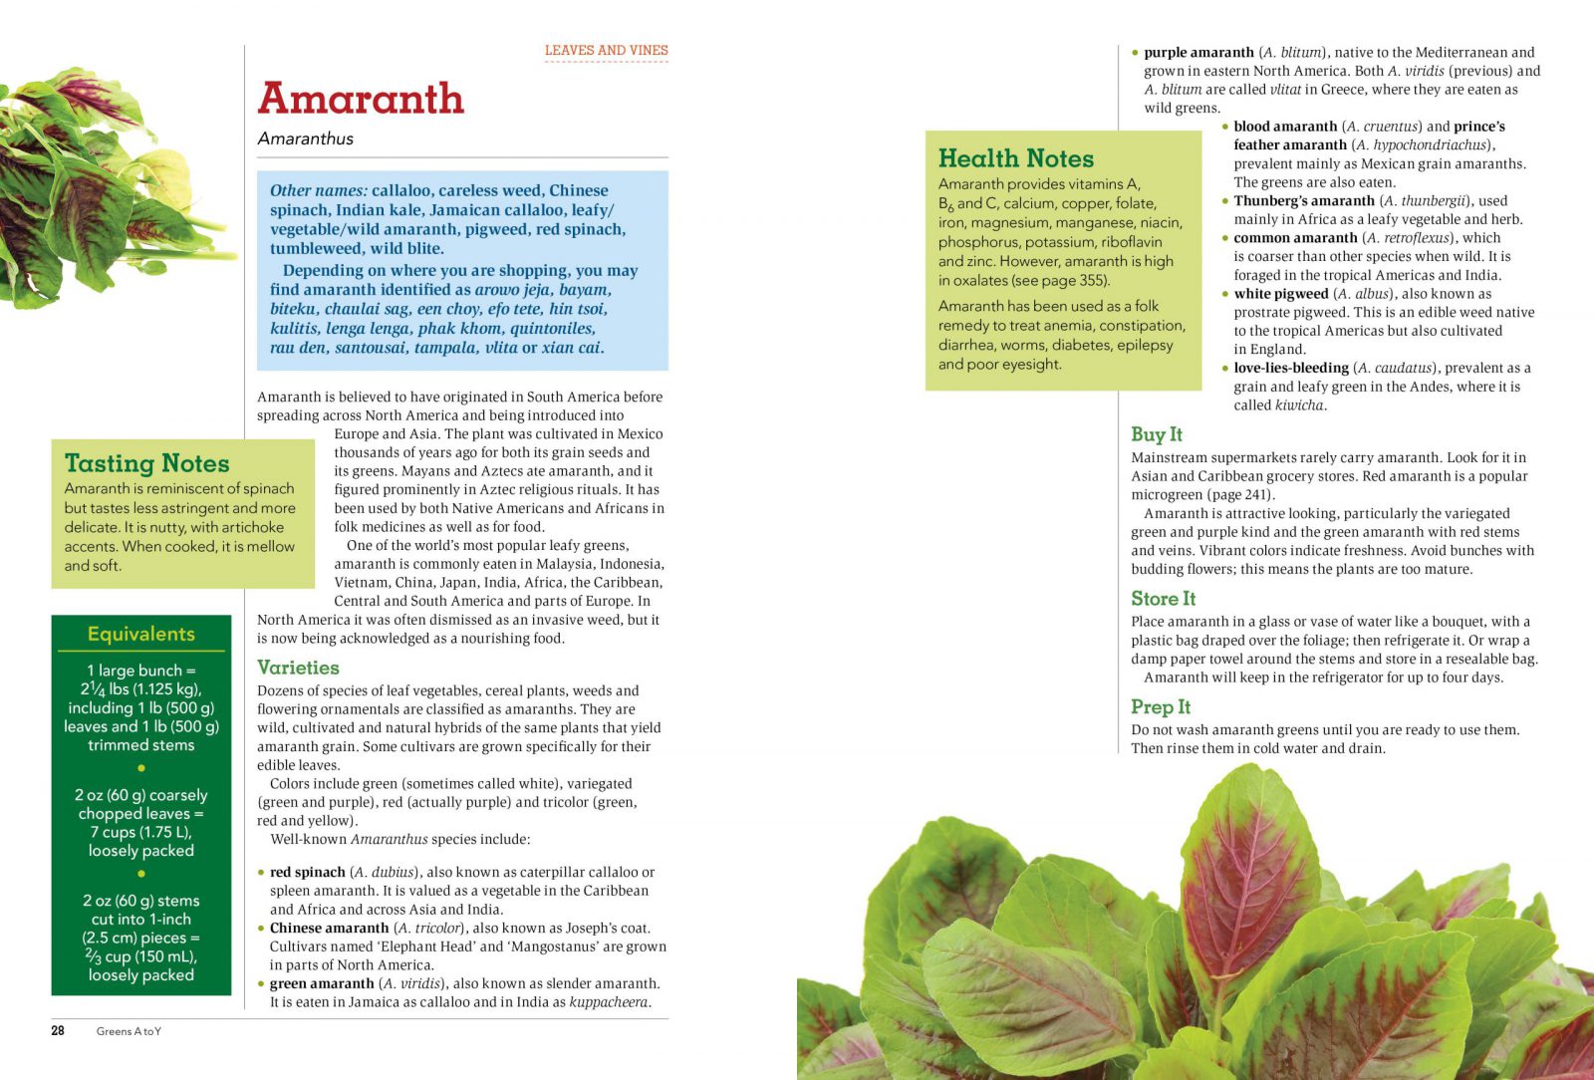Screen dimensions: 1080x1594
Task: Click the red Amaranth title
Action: [361, 99]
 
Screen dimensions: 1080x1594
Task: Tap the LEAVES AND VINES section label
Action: [606, 50]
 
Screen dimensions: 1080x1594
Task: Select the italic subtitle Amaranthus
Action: [305, 138]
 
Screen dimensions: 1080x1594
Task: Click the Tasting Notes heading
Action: [146, 463]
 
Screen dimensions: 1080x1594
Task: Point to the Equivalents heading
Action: [140, 634]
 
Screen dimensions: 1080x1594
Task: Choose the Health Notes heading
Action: [1015, 158]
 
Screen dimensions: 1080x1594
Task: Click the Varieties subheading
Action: [298, 668]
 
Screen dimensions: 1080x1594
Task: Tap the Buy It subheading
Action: [1156, 434]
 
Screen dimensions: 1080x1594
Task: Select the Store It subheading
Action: [1163, 599]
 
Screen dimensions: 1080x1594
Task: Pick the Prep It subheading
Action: [1160, 707]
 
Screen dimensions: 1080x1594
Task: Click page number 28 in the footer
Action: [58, 1031]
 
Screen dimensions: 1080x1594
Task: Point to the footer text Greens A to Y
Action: [129, 1031]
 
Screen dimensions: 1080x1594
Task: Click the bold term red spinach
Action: [307, 872]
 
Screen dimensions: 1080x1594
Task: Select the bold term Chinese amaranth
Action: [329, 928]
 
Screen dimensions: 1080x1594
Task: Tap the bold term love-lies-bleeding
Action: [1290, 368]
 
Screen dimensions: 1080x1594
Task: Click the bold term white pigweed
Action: [1280, 294]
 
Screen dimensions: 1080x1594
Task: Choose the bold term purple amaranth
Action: [1198, 52]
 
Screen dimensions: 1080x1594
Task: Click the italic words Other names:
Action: [318, 190]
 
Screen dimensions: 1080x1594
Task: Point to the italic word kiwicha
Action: [1299, 405]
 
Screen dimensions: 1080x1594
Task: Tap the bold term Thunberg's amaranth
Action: [1303, 200]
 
